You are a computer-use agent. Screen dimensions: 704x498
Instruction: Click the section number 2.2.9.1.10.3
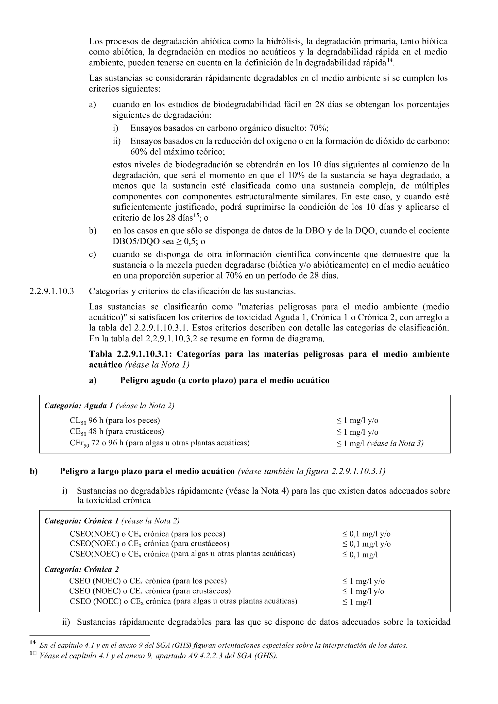point(51,291)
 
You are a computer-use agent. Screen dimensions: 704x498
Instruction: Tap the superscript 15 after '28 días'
point(197,216)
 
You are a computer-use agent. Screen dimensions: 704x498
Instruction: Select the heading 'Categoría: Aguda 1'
point(79,406)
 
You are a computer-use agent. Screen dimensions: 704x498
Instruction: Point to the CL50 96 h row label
point(115,421)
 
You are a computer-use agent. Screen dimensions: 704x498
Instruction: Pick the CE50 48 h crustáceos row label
point(116,432)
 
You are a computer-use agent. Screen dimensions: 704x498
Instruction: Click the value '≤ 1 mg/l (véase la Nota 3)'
point(380,443)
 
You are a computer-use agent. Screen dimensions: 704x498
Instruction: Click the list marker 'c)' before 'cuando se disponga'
point(93,254)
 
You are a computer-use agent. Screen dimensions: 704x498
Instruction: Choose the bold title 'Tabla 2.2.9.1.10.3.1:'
point(131,354)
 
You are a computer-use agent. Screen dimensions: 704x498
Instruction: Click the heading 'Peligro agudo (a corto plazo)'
point(225,380)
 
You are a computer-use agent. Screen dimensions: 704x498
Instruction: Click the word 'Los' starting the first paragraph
point(95,41)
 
